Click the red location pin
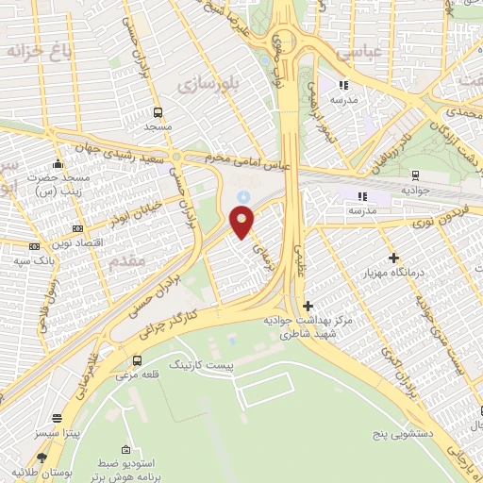pos(242,222)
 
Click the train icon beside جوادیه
pos(414,175)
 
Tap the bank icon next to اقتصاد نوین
pos(77,228)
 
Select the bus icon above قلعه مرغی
pos(138,360)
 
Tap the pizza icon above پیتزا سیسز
pos(58,418)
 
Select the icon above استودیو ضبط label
pos(126,450)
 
